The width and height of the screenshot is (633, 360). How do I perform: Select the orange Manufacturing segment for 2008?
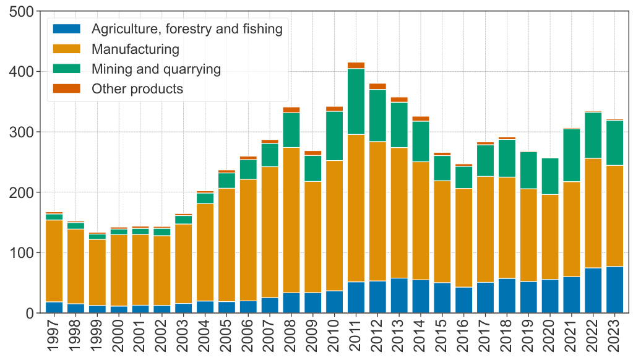(291, 220)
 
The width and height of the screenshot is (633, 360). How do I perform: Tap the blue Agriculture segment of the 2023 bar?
(614, 289)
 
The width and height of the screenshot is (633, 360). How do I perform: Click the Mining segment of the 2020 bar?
(550, 176)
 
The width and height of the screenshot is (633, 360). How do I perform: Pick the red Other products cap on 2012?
(377, 87)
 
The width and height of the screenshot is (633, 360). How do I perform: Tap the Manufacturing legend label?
(136, 49)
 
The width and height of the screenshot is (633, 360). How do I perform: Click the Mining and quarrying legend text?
(156, 69)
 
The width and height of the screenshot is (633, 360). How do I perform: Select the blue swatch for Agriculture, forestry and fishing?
(67, 29)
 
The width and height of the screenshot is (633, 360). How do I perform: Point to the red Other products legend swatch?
(67, 88)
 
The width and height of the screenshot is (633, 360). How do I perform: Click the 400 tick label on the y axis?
(21, 72)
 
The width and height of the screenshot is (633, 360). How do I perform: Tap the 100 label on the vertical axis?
(21, 253)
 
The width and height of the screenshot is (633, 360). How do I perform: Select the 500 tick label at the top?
(21, 12)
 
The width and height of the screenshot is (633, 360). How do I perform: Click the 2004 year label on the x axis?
(205, 334)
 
